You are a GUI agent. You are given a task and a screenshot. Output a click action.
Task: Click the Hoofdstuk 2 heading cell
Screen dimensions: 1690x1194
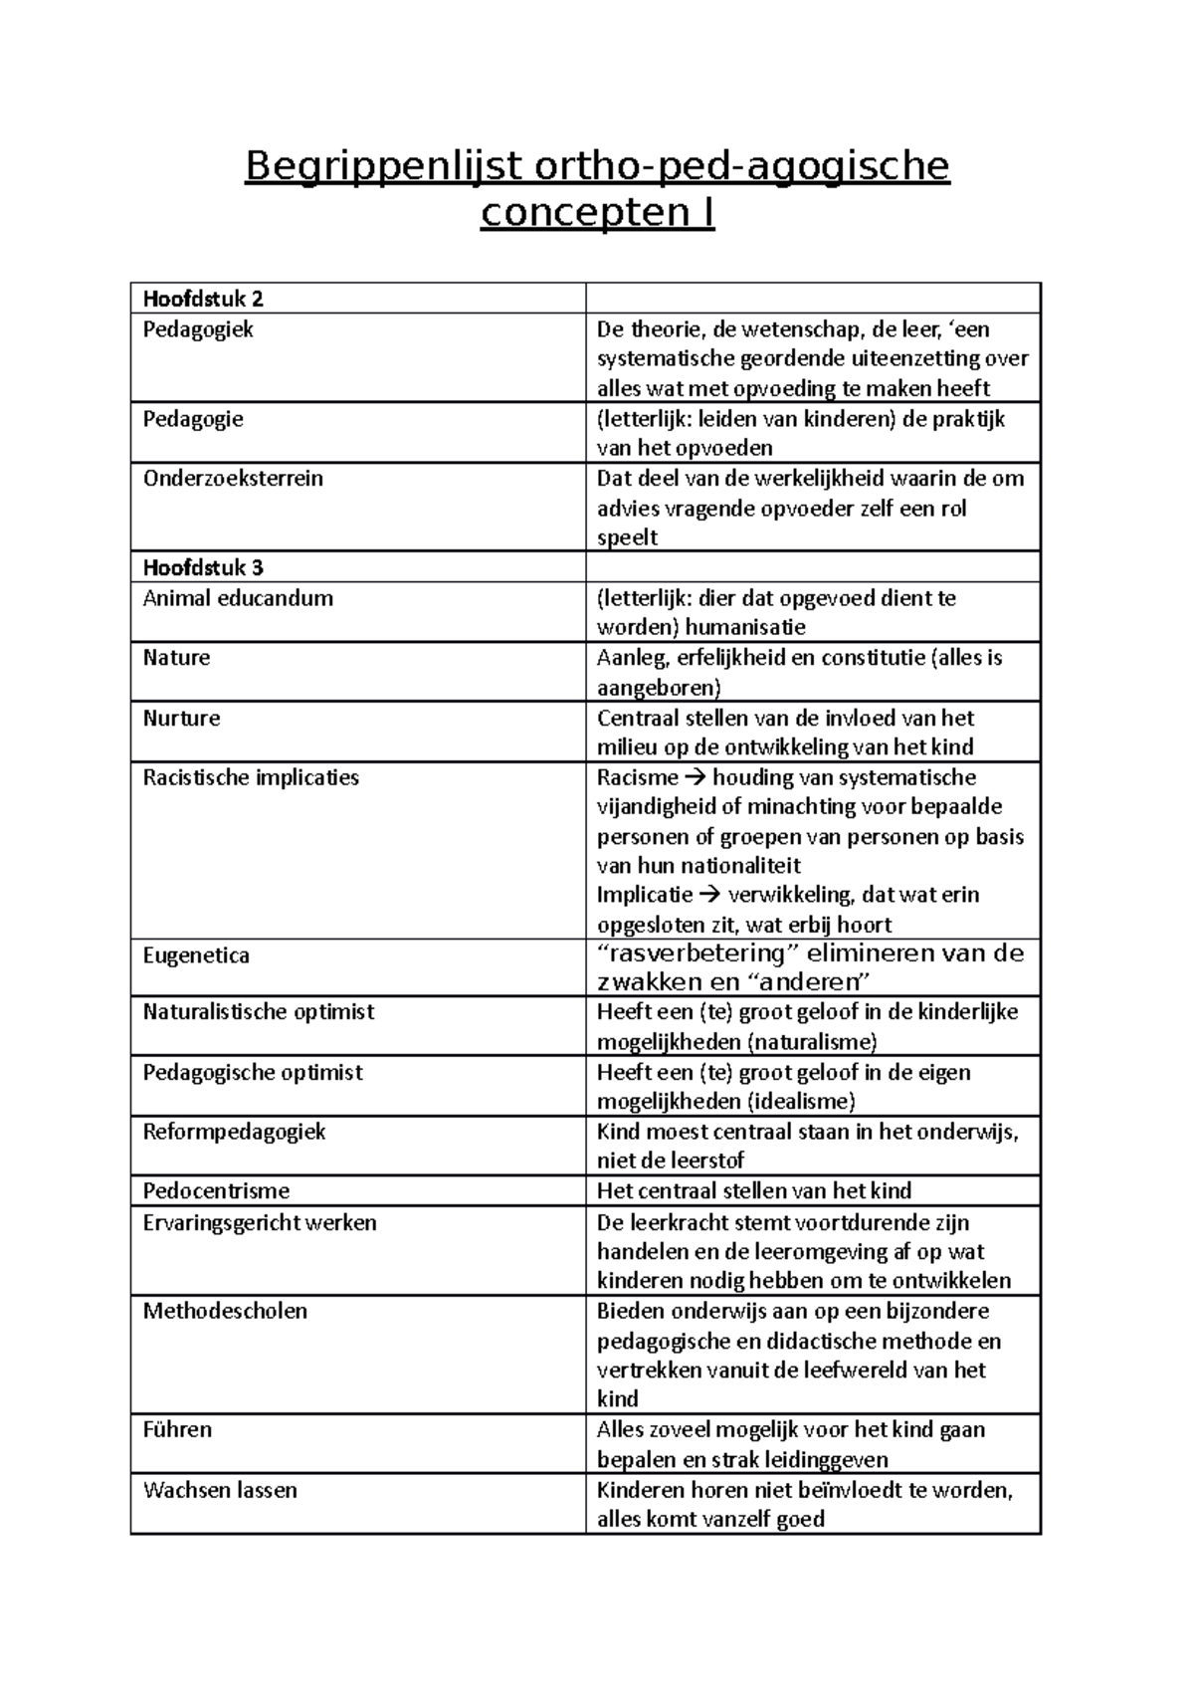click(x=203, y=299)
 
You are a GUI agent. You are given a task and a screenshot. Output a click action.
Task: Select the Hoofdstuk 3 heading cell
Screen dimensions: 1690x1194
click(x=203, y=568)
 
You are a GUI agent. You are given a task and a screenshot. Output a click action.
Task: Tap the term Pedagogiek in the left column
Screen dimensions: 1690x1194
click(x=198, y=329)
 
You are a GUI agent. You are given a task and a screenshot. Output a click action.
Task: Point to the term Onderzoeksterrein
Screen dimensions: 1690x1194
click(x=233, y=479)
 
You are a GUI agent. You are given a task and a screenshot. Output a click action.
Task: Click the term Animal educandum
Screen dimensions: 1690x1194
click(x=238, y=598)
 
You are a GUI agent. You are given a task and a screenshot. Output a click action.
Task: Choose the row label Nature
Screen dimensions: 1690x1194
click(x=176, y=658)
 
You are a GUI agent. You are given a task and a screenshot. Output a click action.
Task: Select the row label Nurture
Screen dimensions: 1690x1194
click(x=181, y=719)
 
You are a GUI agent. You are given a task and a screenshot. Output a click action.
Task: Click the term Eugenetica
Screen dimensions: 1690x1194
click(x=196, y=955)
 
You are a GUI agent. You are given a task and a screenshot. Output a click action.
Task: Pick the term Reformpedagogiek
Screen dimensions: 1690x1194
click(x=234, y=1132)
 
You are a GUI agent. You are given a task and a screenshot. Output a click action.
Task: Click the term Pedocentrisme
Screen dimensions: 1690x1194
click(x=216, y=1191)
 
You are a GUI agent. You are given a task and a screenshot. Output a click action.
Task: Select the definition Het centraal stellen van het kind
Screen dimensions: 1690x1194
click(x=753, y=1191)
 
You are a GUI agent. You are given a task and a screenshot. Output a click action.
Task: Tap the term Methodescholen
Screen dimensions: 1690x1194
click(x=225, y=1311)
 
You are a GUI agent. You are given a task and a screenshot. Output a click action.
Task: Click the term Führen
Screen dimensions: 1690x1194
click(x=177, y=1430)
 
